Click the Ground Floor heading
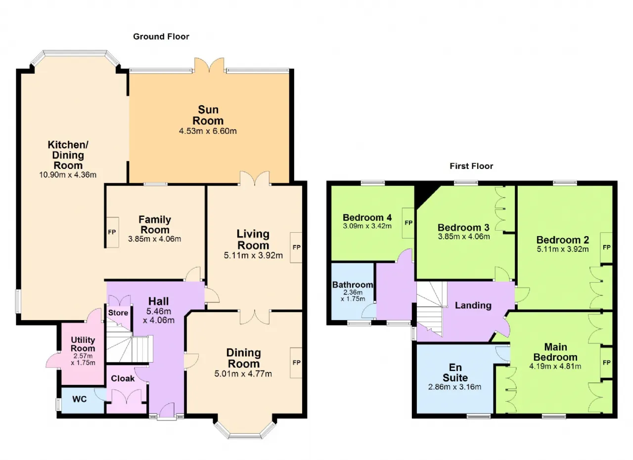pyautogui.click(x=161, y=37)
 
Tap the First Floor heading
pyautogui.click(x=471, y=166)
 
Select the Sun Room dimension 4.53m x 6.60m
pyautogui.click(x=208, y=131)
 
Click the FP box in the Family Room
pyautogui.click(x=112, y=232)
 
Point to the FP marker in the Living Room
pyautogui.click(x=296, y=248)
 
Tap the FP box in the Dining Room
pyautogui.click(x=296, y=363)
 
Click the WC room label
pyautogui.click(x=80, y=399)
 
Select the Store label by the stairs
pyautogui.click(x=118, y=313)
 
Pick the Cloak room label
pyautogui.click(x=123, y=378)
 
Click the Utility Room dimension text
pyautogui.click(x=83, y=359)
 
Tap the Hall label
pyautogui.click(x=159, y=301)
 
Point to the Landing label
pyautogui.click(x=473, y=305)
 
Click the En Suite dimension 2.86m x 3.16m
pyautogui.click(x=454, y=387)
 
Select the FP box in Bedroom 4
pyautogui.click(x=408, y=223)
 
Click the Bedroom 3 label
pyautogui.click(x=463, y=227)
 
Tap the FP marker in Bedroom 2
pyautogui.click(x=606, y=248)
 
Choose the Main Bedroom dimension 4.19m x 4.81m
pyautogui.click(x=555, y=366)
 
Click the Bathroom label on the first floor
pyautogui.click(x=353, y=285)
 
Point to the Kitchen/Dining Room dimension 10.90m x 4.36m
pyautogui.click(x=68, y=175)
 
